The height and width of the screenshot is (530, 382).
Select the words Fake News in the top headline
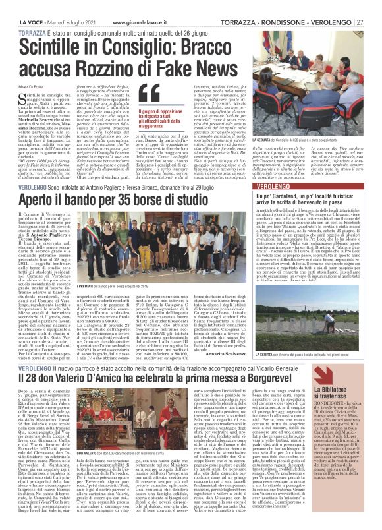[x=164, y=50]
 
